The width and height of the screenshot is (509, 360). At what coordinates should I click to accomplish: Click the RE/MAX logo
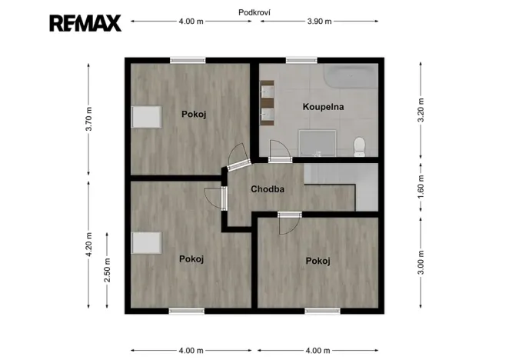click(x=85, y=22)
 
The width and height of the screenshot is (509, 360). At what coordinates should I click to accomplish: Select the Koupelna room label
click(x=322, y=107)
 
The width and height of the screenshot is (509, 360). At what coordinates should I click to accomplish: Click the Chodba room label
click(x=268, y=188)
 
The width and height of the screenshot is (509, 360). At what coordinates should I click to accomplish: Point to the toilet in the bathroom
click(x=359, y=146)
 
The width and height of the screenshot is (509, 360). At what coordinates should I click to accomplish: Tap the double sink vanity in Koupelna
click(x=267, y=103)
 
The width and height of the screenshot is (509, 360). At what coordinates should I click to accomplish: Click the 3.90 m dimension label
click(x=319, y=22)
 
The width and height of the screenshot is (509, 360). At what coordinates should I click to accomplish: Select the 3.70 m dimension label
click(x=88, y=120)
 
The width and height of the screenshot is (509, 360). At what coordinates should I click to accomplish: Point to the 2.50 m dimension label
click(x=108, y=271)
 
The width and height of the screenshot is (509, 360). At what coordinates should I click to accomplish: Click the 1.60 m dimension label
click(x=420, y=187)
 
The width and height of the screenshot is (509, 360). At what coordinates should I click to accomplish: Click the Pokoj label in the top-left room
click(x=194, y=114)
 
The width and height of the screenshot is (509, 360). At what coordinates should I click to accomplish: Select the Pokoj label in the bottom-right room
click(x=318, y=262)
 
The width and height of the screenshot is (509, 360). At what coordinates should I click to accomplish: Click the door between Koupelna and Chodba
click(x=279, y=152)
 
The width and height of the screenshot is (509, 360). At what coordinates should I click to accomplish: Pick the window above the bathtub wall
click(x=301, y=59)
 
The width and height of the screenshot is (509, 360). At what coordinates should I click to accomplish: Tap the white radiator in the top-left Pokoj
click(x=146, y=117)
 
